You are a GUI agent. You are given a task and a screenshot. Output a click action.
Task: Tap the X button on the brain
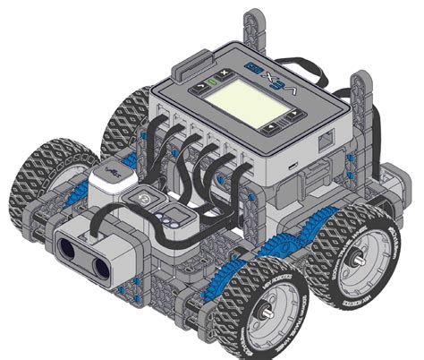coord(224,70)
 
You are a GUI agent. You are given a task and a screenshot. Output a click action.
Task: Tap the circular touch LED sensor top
coord(140,198)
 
